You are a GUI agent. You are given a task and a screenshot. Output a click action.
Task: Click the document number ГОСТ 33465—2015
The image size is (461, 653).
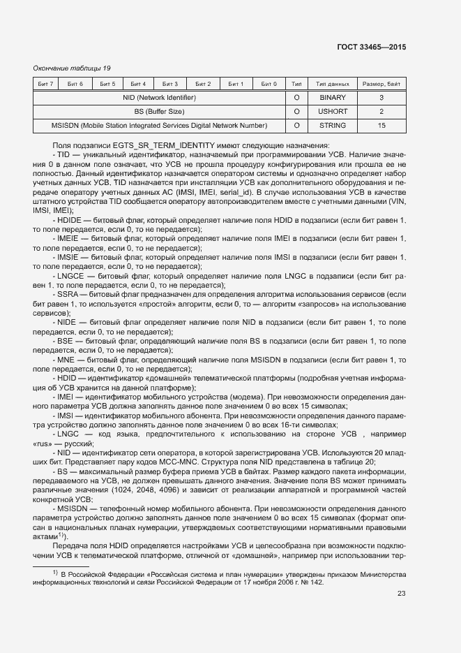point(370,47)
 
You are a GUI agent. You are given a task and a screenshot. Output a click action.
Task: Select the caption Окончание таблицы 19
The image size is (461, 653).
point(72,68)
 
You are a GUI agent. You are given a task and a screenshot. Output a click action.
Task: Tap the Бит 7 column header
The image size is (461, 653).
point(46,85)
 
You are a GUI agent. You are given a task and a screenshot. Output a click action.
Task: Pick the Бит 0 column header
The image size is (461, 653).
point(269,85)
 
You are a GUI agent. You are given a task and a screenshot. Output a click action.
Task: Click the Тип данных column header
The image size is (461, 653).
point(332,85)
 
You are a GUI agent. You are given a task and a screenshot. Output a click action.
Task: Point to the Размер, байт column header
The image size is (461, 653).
point(381,85)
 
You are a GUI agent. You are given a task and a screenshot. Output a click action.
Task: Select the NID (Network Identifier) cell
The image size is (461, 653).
point(159,98)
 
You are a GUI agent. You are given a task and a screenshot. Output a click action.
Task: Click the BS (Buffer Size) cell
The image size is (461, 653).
point(159,112)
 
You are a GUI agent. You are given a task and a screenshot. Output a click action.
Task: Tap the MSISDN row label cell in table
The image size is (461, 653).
point(159,126)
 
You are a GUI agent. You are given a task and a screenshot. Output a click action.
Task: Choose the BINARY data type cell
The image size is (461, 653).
point(332,98)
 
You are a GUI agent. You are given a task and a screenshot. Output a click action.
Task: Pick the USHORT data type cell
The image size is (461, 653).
point(332,112)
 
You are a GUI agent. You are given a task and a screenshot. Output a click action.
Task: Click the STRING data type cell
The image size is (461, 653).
point(332,126)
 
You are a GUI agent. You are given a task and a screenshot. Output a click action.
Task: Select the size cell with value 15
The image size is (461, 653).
point(381,126)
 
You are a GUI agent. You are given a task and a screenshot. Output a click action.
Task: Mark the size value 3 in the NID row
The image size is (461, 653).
point(381,98)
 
